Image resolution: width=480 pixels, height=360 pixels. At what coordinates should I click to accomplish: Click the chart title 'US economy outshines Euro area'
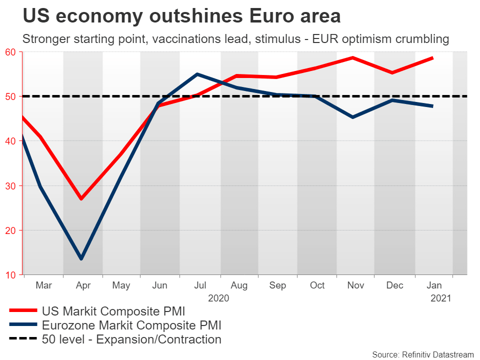pos(181,16)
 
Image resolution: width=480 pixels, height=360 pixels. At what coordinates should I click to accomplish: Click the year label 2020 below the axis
pos(218,298)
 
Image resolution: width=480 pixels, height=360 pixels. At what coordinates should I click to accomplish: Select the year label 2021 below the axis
pos(440,298)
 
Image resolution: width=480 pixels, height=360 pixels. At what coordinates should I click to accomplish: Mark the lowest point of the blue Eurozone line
pos(81,258)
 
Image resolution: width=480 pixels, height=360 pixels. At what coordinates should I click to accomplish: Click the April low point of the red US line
pos(81,199)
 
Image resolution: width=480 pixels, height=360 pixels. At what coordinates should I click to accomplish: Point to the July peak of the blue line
pos(197,74)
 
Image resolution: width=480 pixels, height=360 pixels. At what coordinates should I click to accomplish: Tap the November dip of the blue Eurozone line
pos(353,117)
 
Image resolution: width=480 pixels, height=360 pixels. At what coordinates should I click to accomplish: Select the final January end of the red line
pos(432,58)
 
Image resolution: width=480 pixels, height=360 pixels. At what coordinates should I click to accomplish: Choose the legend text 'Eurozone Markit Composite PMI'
pos(132,325)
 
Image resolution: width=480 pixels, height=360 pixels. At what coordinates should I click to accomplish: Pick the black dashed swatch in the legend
pos(22,339)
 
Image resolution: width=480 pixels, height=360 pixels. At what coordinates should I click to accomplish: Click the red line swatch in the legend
pos(22,311)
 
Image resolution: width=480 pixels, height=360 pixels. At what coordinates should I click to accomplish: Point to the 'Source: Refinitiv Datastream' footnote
pos(422,354)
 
